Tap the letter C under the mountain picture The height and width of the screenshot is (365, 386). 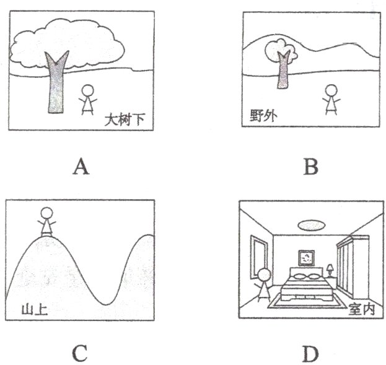tap(79, 353)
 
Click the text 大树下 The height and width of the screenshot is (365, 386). tap(124, 119)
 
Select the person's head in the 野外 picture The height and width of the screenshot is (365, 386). tap(332, 91)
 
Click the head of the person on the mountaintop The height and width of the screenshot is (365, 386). tap(46, 215)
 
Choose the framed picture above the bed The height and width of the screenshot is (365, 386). tap(306, 256)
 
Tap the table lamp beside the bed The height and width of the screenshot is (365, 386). tap(331, 270)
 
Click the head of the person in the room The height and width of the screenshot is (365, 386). tap(265, 275)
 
